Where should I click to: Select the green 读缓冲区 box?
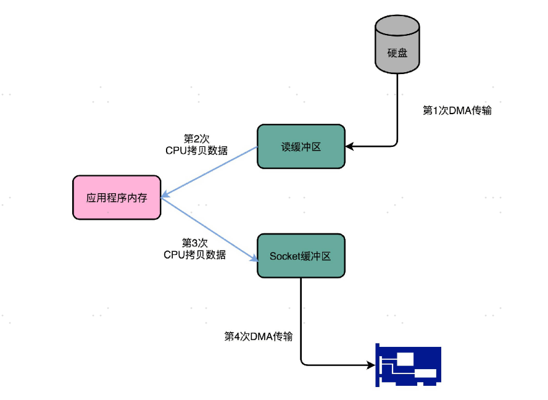pyautogui.click(x=301, y=146)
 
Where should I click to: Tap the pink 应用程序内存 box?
pyautogui.click(x=117, y=198)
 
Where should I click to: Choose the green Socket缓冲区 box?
pyautogui.click(x=301, y=256)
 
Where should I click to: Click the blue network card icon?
pyautogui.click(x=409, y=365)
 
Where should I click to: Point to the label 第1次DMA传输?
pyautogui.click(x=457, y=110)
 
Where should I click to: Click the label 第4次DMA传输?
pyautogui.click(x=258, y=336)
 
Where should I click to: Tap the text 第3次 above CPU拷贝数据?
pyautogui.click(x=195, y=243)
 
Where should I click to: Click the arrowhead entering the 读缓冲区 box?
pyautogui.click(x=349, y=147)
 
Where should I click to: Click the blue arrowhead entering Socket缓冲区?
pyautogui.click(x=254, y=259)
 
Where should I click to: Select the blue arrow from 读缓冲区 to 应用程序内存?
pyautogui.click(x=210, y=172)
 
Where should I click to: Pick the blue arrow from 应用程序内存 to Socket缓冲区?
pyautogui.click(x=210, y=229)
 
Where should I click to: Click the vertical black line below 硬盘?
pyautogui.click(x=397, y=108)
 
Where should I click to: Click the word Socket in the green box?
pyautogui.click(x=284, y=256)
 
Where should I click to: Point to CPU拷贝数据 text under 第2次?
pyautogui.click(x=196, y=150)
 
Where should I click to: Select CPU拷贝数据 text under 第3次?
pyautogui.click(x=195, y=254)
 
